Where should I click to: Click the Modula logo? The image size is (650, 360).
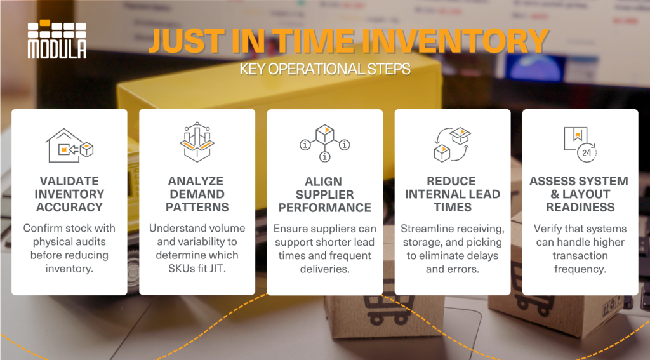[57, 40]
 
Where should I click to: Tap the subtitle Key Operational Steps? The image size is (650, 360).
[324, 69]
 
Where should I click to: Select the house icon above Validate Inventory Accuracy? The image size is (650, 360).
[69, 145]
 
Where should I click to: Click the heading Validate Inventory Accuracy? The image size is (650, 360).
[69, 194]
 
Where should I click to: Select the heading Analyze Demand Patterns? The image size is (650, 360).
[197, 194]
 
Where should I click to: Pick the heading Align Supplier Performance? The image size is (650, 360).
[324, 194]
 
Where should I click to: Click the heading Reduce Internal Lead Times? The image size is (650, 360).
[452, 194]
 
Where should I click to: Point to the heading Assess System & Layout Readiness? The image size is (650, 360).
[580, 194]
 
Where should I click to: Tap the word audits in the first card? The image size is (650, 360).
[91, 242]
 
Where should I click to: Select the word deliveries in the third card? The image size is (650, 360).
[324, 269]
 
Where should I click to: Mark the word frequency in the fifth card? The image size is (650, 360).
[580, 269]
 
